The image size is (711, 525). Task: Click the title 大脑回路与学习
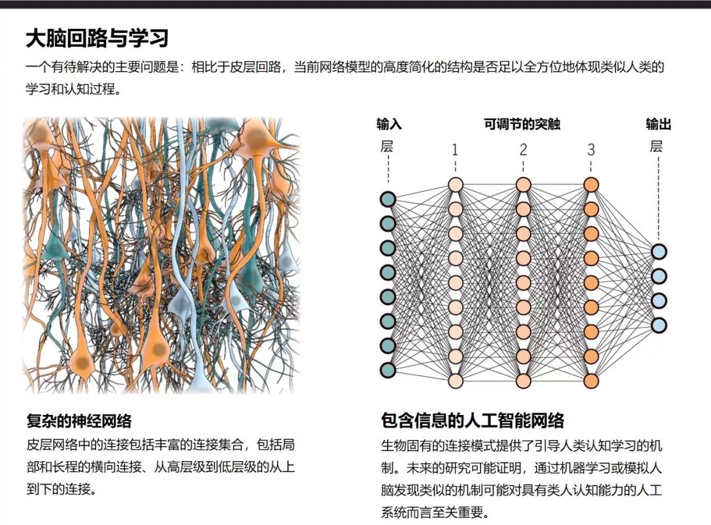(x=97, y=38)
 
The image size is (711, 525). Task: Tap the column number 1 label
(x=455, y=150)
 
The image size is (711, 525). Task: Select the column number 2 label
(x=523, y=150)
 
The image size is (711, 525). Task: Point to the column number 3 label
(x=591, y=150)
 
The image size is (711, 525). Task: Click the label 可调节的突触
(x=522, y=124)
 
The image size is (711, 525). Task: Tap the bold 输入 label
(x=389, y=124)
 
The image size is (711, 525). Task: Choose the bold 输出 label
(x=658, y=124)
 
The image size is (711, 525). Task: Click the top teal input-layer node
(x=388, y=199)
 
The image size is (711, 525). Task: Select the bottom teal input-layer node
(x=388, y=370)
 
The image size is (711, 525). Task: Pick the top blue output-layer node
(x=659, y=252)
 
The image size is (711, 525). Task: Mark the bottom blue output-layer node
(x=659, y=325)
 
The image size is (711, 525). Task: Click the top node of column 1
(x=456, y=184)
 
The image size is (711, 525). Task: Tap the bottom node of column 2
(x=523, y=381)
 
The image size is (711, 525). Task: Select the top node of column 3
(x=591, y=184)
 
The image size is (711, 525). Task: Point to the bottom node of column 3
(x=591, y=381)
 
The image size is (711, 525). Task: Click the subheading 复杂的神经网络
(x=79, y=421)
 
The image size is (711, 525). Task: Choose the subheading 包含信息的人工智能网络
(x=473, y=420)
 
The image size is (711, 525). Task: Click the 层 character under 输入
(x=387, y=146)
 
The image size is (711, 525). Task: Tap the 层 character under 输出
(x=656, y=146)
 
